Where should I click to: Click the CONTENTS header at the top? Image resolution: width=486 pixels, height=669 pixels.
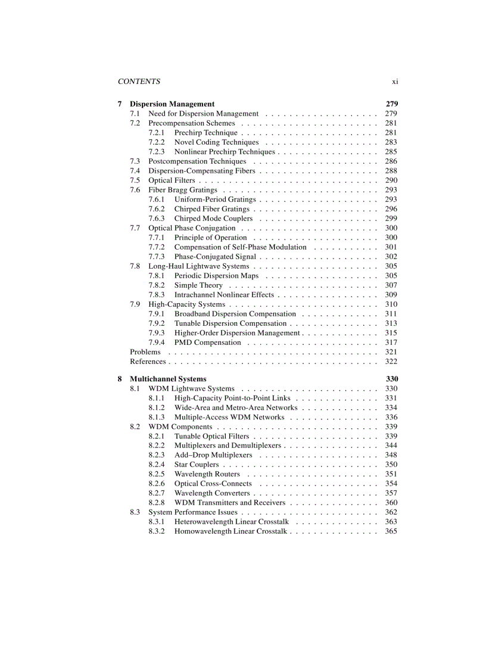[139, 82]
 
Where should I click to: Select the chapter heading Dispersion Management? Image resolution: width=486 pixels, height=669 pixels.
[172, 104]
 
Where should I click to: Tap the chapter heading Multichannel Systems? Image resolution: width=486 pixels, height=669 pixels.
[168, 379]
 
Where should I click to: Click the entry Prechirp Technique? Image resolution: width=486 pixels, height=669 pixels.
[205, 133]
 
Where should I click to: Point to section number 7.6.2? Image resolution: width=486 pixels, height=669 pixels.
[157, 209]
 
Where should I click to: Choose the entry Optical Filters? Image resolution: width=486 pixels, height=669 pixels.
[172, 181]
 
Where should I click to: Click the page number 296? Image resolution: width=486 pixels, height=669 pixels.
[391, 209]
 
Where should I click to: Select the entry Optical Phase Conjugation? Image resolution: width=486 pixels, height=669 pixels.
[192, 228]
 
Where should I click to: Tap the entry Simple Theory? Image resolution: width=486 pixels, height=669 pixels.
[198, 285]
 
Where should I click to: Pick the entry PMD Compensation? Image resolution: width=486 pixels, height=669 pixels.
[207, 343]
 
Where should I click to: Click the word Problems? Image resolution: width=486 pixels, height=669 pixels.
[145, 352]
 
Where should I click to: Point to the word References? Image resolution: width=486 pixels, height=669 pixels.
[148, 362]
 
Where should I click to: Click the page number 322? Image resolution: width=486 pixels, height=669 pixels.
[391, 362]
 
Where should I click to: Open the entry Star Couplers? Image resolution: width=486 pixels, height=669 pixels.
[196, 465]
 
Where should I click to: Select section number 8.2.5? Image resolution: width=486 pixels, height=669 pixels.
[157, 474]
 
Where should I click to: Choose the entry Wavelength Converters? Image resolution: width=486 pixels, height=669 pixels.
[211, 493]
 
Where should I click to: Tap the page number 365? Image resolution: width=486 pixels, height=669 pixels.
[391, 531]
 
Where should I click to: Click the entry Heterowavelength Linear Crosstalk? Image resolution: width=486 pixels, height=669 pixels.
[231, 522]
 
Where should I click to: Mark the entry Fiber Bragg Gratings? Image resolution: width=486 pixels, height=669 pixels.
[182, 190]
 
